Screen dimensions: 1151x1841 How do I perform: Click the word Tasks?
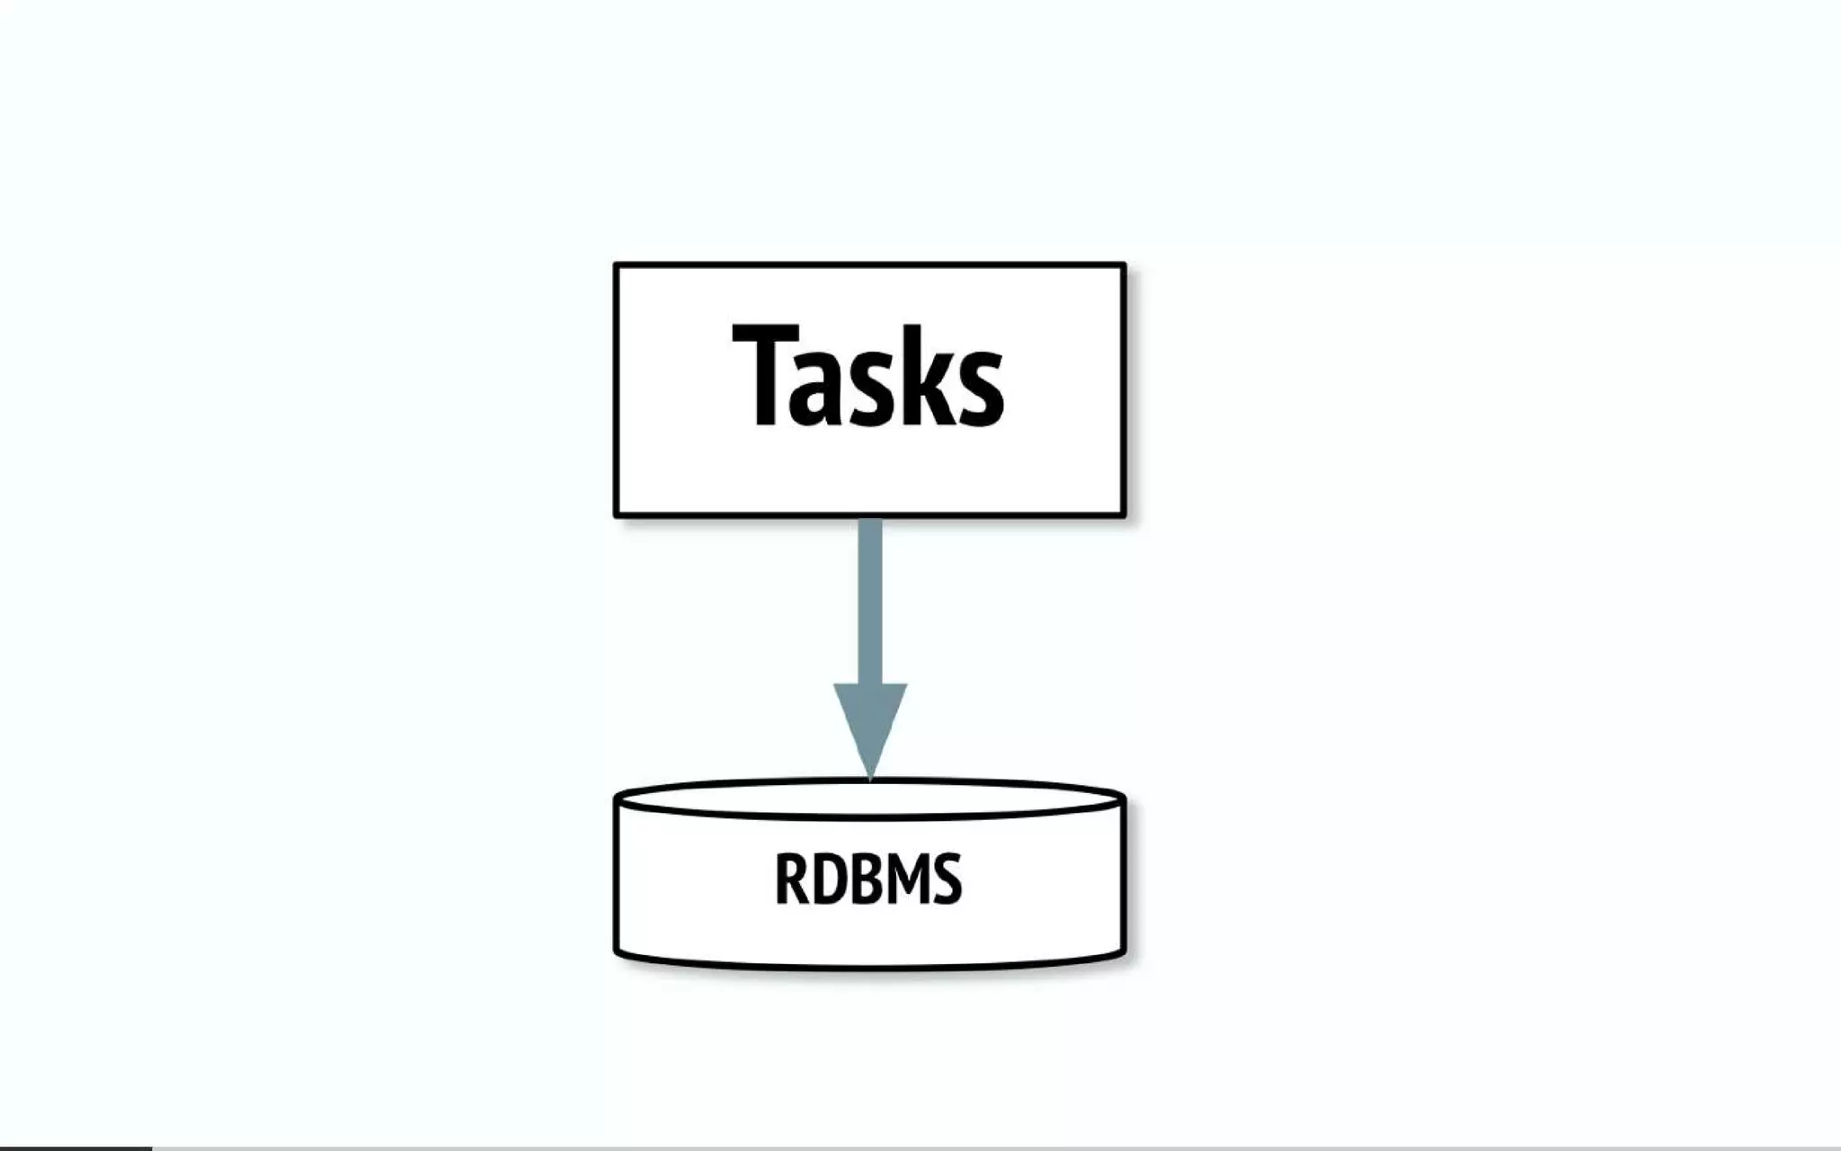tap(868, 376)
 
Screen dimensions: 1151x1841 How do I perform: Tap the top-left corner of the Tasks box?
tap(617, 265)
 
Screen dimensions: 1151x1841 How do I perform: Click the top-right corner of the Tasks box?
tap(1124, 265)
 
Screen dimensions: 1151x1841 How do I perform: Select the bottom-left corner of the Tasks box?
tap(617, 515)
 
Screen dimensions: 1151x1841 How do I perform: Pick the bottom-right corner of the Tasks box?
tap(1124, 515)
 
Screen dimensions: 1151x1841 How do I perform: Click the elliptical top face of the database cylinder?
tap(870, 799)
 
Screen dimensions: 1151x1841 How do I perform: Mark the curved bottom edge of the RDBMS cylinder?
tap(870, 966)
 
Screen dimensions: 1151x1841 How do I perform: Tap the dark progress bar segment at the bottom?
tap(76, 1148)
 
